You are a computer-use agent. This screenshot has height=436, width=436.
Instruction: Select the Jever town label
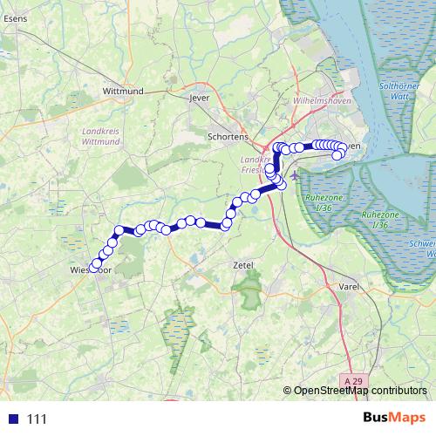201,99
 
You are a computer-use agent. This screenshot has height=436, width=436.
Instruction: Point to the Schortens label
228,137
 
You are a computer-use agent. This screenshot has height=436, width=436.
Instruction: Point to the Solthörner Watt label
400,92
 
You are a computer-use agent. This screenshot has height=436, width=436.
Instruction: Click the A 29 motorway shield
351,382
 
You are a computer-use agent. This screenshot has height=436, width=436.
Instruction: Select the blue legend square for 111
12,419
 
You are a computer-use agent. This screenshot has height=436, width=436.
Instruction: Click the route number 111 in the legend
37,419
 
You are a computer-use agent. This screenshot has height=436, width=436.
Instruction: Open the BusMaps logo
393,419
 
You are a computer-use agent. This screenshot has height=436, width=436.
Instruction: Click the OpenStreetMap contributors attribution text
360,392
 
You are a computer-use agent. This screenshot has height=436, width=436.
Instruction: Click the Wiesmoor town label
91,271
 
